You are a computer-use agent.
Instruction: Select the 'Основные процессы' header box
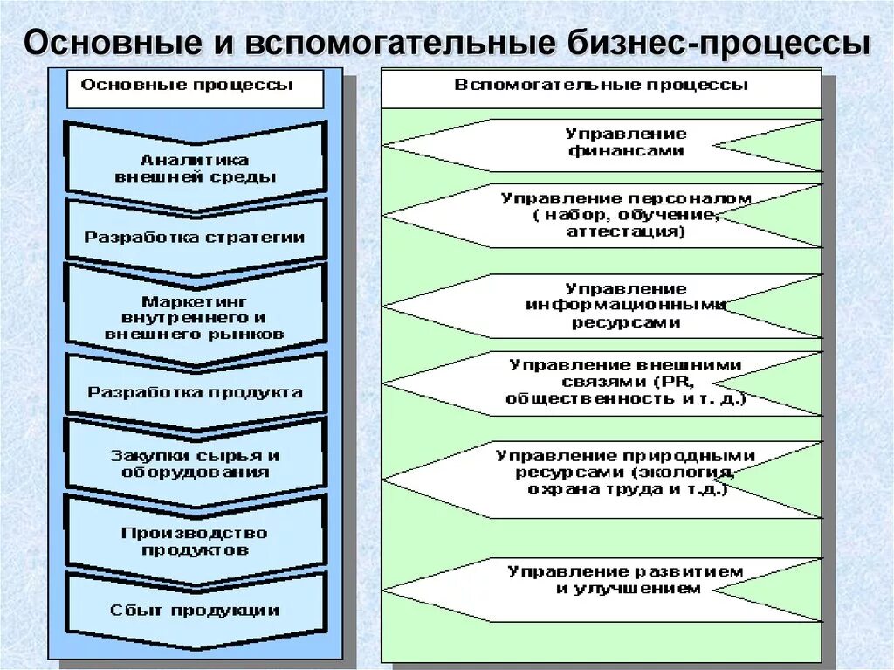click(195, 86)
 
